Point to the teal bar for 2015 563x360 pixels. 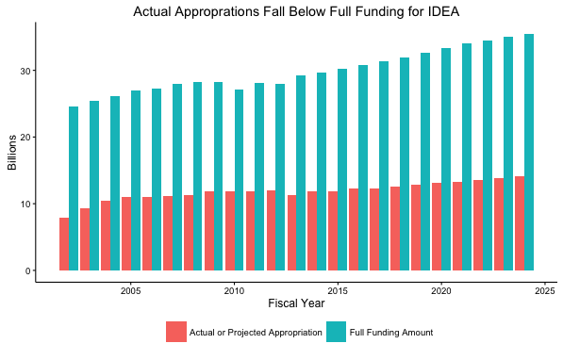[342, 170]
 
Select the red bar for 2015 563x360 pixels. [333, 231]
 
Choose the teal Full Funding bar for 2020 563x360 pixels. [446, 159]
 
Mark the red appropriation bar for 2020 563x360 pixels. [436, 227]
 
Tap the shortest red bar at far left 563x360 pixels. [64, 244]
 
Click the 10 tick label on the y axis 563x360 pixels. [30, 204]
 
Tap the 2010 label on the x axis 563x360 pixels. [235, 291]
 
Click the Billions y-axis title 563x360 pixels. [12, 153]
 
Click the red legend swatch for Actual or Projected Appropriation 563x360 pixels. [175, 332]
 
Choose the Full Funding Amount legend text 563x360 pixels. [390, 333]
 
